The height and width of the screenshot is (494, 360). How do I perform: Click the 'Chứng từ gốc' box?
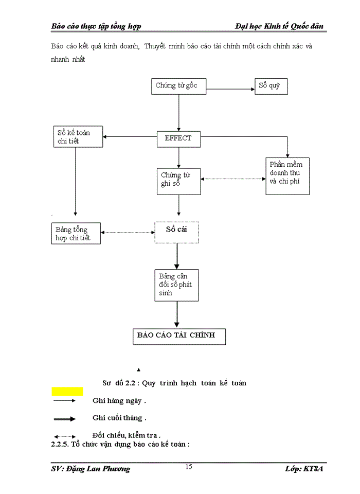(x=179, y=86)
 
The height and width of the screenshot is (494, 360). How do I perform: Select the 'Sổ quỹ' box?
(x=271, y=86)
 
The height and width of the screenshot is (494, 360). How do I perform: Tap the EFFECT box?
(x=178, y=138)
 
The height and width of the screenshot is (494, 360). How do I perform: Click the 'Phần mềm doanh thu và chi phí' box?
(x=287, y=176)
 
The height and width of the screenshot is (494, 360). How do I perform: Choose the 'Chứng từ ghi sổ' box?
(x=178, y=181)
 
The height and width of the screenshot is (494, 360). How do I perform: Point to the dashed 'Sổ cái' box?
(x=176, y=232)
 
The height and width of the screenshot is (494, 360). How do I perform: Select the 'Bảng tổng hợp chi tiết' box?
(x=76, y=233)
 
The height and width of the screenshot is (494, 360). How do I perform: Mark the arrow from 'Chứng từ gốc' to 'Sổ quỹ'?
(x=230, y=89)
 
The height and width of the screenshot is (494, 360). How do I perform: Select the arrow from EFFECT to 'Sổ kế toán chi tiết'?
(x=130, y=137)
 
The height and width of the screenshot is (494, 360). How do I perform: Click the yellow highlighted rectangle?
(x=67, y=392)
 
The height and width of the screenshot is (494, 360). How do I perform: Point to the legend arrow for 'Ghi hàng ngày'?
(x=64, y=400)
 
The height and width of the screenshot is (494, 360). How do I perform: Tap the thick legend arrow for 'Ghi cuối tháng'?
(x=64, y=419)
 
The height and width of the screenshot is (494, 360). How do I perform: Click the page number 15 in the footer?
(x=189, y=467)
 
